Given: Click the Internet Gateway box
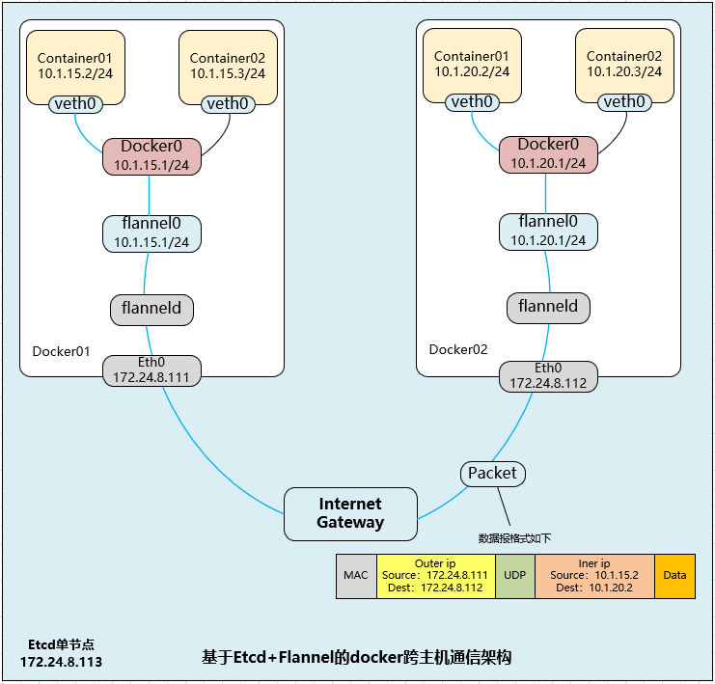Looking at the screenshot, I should point(350,513).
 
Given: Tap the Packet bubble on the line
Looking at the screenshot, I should point(492,473).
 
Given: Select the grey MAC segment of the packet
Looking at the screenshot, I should point(355,576).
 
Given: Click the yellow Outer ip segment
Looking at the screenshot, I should point(435,576).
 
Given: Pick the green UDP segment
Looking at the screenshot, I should point(513,576).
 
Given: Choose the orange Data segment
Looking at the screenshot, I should point(674,576).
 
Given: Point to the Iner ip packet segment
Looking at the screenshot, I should point(594,576).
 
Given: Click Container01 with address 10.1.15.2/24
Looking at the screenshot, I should point(75,64).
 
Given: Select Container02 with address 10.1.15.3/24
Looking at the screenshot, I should point(228,64).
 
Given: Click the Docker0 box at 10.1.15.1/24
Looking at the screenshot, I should point(151,156).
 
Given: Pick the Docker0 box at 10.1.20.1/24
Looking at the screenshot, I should point(548,154).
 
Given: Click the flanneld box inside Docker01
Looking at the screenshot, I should point(151,310).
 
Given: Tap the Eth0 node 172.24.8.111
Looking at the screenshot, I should point(151,370).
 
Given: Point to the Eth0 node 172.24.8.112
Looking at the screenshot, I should point(548,375).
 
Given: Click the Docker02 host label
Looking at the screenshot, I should point(457,349).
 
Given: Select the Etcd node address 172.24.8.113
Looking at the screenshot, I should point(61,662).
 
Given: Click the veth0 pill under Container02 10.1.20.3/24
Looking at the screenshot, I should point(624,101).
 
